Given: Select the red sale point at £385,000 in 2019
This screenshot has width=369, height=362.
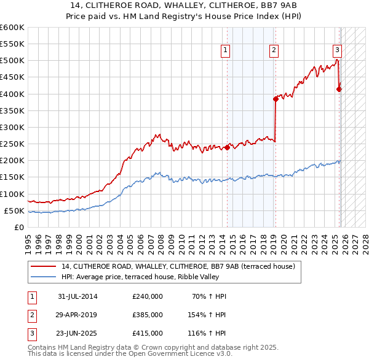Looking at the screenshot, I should coord(276,99).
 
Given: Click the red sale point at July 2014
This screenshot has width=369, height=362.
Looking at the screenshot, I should coord(227,147).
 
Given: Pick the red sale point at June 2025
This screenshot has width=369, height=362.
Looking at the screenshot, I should coord(339,89).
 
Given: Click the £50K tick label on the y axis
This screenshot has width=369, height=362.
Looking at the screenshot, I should coord(14,210).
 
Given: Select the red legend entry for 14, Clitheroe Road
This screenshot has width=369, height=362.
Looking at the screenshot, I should coord(178,266).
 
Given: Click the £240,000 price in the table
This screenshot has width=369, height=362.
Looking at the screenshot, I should coord(148,296).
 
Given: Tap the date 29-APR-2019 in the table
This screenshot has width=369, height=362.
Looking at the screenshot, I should coord(77,314).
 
